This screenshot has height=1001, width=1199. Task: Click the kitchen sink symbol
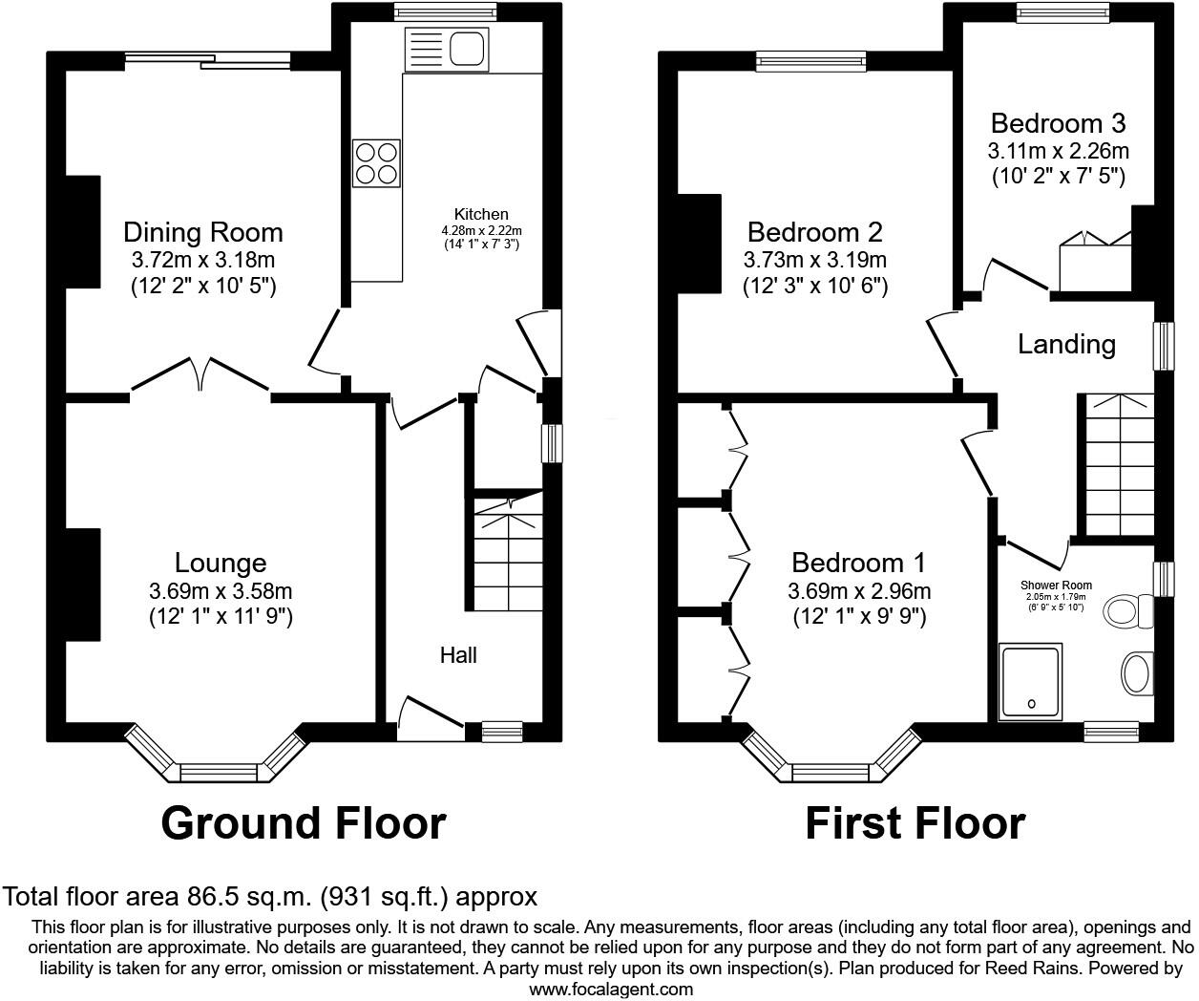point(446,50)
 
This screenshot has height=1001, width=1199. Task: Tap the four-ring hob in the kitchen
point(376,162)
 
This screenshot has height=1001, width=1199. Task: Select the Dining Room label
point(202,232)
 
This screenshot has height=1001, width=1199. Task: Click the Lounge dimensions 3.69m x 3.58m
point(221,591)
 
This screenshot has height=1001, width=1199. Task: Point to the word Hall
point(458,655)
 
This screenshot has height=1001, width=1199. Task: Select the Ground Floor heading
point(303,822)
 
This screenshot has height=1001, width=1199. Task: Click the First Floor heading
point(915,822)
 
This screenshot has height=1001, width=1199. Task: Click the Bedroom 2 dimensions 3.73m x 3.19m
point(815,260)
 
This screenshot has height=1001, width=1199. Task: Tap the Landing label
point(1066,344)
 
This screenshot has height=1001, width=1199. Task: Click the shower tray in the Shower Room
point(1029,682)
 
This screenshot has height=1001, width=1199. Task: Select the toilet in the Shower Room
point(1127,607)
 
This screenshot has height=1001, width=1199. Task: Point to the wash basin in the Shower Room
point(1136,673)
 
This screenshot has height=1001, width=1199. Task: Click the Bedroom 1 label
point(858,563)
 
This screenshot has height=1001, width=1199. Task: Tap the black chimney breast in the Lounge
point(83,584)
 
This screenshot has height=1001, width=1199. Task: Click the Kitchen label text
point(481,215)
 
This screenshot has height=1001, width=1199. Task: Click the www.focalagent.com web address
point(611,990)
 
